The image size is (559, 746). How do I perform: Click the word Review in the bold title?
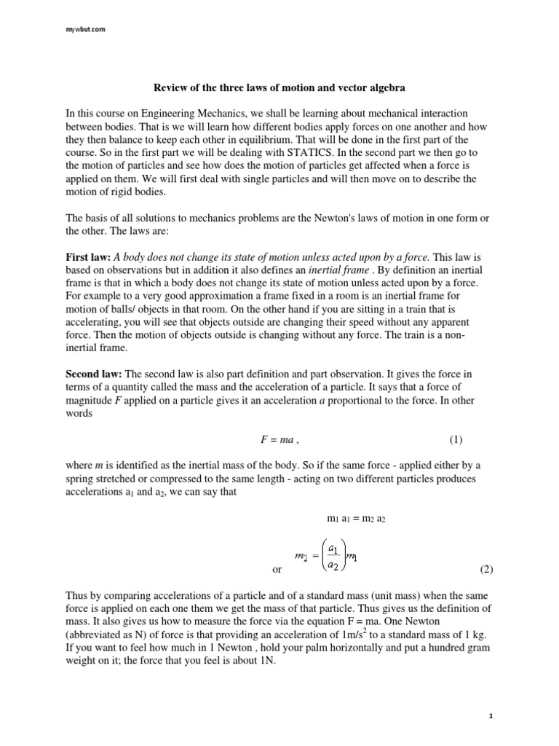(x=170, y=88)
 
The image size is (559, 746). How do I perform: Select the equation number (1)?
(x=456, y=440)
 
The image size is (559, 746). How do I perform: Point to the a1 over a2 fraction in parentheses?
(x=333, y=556)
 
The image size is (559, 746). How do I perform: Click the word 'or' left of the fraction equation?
(x=276, y=569)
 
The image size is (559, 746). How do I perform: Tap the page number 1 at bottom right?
(x=491, y=716)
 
